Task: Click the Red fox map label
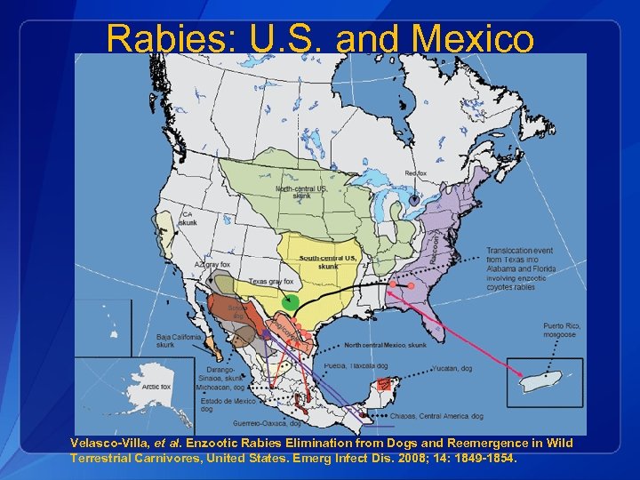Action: pos(416,173)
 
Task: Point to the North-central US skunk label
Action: pos(301,192)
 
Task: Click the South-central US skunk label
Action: pos(327,261)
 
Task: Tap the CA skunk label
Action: pos(188,219)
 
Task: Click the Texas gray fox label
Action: pos(270,282)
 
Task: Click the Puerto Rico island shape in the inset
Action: pos(547,382)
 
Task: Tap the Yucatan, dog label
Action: pos(452,367)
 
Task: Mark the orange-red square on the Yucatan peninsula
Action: pos(383,385)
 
